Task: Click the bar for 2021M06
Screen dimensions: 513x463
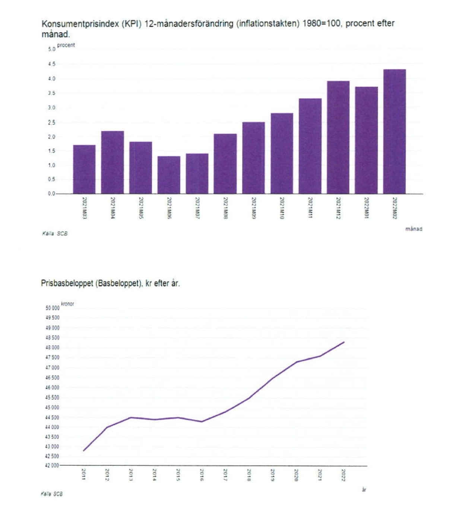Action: tap(169, 175)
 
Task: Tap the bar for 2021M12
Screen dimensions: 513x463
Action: tap(338, 137)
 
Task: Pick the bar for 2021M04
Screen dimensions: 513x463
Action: tap(112, 162)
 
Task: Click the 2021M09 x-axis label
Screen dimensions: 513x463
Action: tap(254, 208)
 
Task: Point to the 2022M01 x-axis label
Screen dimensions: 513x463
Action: tap(366, 208)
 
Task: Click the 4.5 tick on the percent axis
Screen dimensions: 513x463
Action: tap(51, 64)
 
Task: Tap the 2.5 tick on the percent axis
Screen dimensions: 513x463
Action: tap(51, 123)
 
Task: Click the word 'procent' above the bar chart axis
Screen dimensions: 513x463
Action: tap(66, 45)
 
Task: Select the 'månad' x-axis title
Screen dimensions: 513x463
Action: tap(414, 229)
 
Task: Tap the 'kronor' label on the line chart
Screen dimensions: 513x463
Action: tap(67, 304)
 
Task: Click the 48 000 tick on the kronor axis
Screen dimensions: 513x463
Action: tap(52, 348)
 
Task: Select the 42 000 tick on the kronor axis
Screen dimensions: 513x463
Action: tap(52, 466)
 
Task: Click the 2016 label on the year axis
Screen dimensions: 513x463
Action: tap(202, 475)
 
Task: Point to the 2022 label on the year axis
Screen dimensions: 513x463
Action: tap(343, 475)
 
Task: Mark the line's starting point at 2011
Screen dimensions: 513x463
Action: tap(83, 451)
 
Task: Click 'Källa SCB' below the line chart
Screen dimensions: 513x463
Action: tap(52, 494)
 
